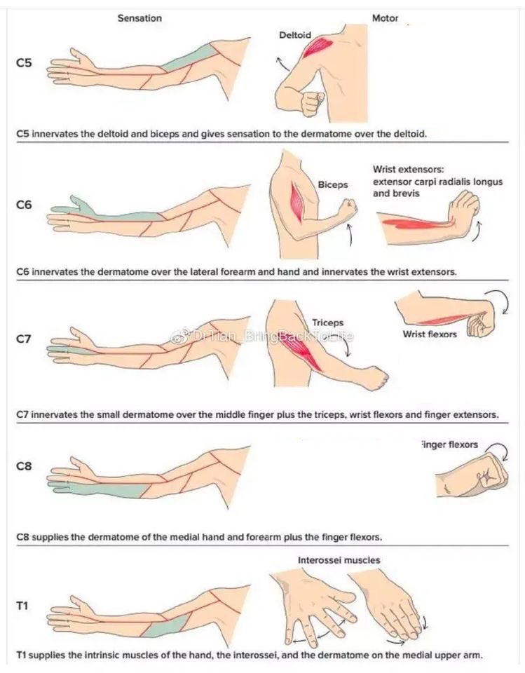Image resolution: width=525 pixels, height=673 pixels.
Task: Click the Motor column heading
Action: [x=385, y=18]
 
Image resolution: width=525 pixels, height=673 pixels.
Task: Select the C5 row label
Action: [x=24, y=63]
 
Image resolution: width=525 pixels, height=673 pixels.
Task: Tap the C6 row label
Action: [x=24, y=207]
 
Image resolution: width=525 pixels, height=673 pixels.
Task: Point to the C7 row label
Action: [x=24, y=339]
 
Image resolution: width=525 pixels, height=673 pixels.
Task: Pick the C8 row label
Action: [x=24, y=466]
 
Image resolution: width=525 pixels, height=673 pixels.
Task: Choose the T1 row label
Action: [x=22, y=605]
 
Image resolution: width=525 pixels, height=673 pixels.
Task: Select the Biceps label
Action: [x=333, y=186]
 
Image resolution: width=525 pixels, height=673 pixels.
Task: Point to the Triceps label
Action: [x=327, y=323]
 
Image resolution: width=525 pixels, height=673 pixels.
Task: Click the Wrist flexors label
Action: [x=430, y=334]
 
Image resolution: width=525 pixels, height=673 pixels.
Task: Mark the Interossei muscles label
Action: [x=340, y=560]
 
